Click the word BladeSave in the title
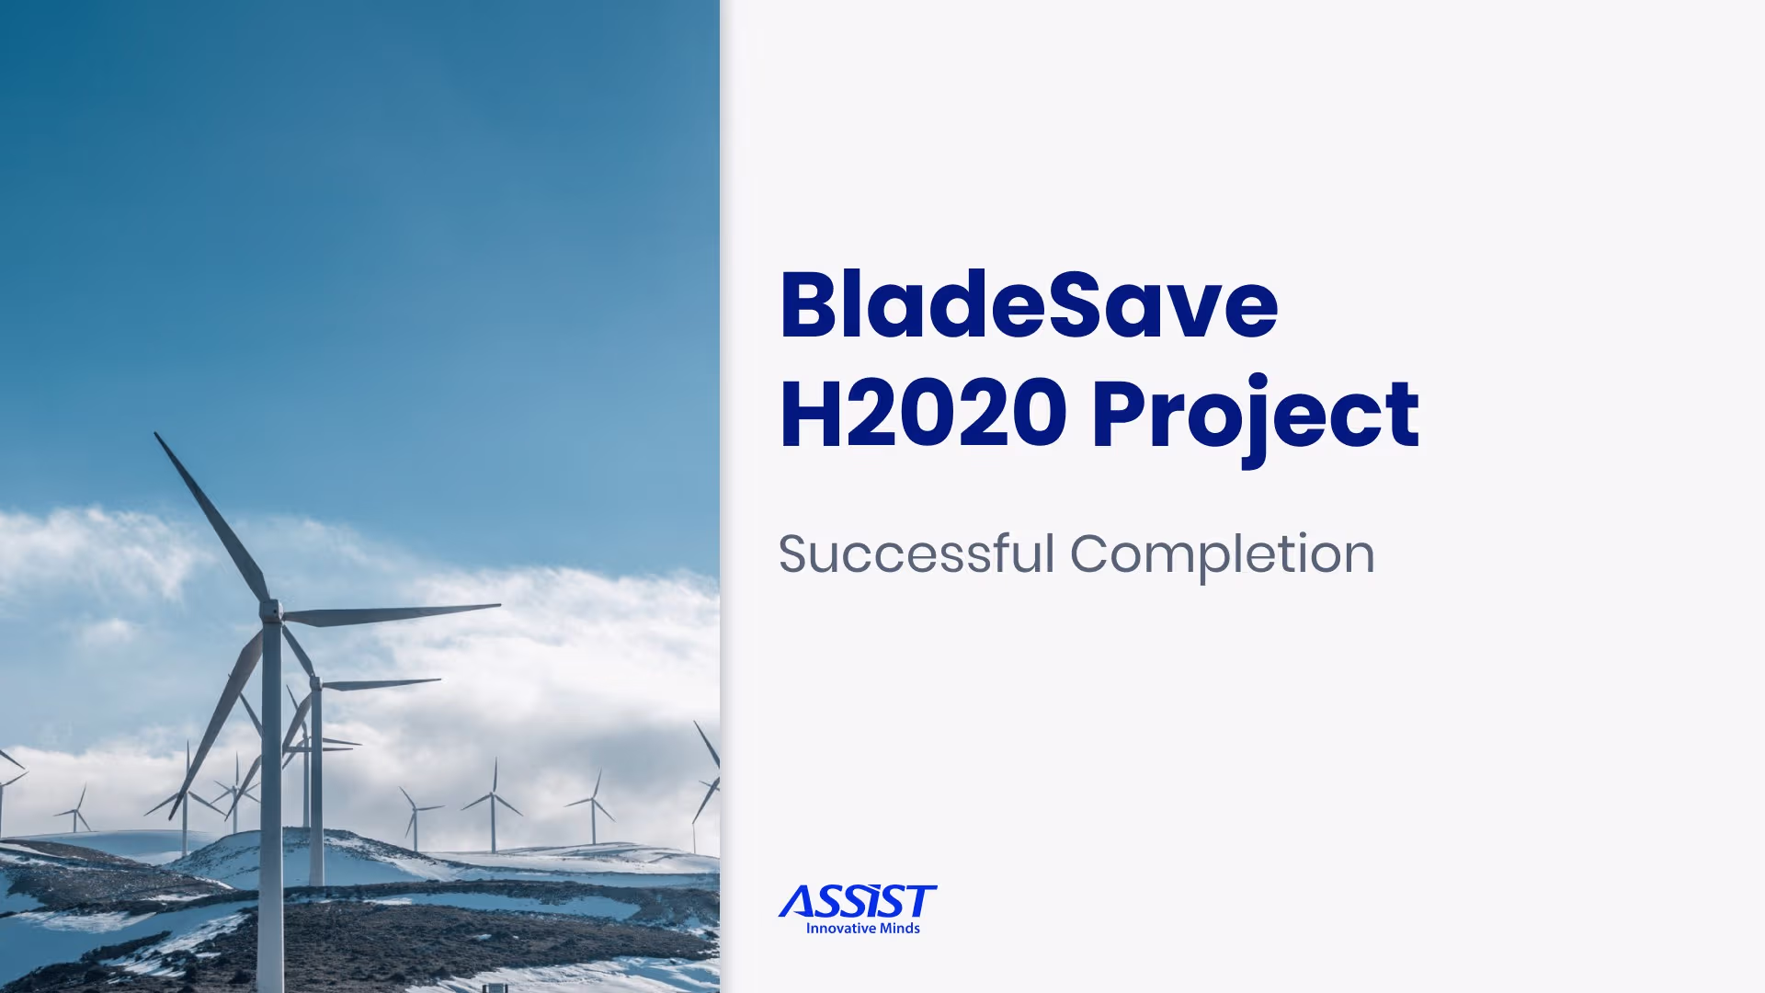point(1028,305)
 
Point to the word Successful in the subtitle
point(916,554)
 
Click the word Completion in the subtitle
point(1222,554)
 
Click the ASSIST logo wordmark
point(858,902)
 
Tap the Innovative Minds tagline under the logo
point(862,929)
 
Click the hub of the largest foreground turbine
point(272,611)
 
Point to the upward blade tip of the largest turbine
point(158,436)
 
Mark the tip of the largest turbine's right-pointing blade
point(497,606)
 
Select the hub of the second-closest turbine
point(315,683)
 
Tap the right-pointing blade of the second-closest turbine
point(386,683)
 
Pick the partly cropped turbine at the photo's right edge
point(708,782)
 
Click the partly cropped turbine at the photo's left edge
point(7,772)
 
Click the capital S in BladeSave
point(1084,305)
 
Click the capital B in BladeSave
point(813,305)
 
